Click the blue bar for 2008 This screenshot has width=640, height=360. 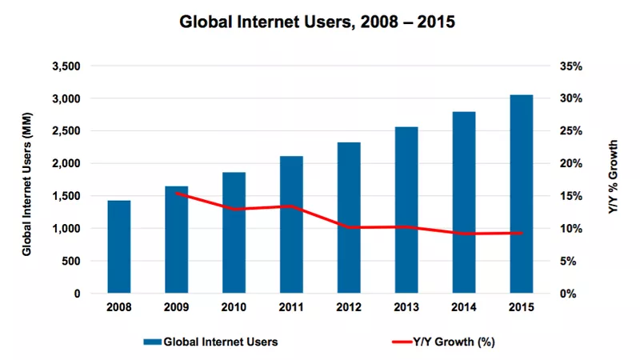coord(119,246)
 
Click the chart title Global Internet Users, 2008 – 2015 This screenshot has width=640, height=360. coord(319,22)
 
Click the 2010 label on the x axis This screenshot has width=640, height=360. coord(234,307)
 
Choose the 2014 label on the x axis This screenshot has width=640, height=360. coord(464,307)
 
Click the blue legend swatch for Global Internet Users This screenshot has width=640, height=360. coord(151,342)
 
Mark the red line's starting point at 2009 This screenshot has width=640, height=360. coord(176,193)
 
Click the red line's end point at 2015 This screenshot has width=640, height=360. coord(522,233)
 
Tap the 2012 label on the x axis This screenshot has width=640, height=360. coord(349,307)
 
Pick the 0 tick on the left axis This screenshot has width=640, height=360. coord(77,294)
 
